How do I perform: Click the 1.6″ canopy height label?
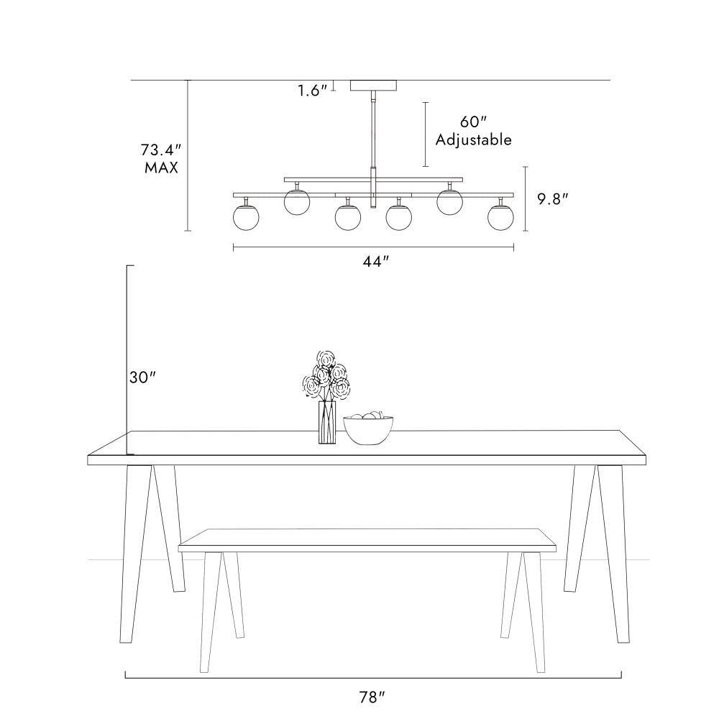click(x=313, y=91)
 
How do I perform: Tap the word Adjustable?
click(x=473, y=139)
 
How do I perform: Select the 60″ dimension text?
click(x=473, y=122)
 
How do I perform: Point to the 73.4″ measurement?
click(x=161, y=150)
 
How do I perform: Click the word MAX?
click(x=161, y=168)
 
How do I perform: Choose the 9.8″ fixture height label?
click(x=553, y=199)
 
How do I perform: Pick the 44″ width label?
click(x=376, y=262)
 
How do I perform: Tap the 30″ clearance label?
click(x=142, y=377)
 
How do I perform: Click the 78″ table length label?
click(x=372, y=697)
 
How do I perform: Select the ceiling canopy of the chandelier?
click(x=373, y=86)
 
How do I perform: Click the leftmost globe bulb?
click(x=246, y=217)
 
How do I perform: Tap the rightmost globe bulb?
click(x=500, y=217)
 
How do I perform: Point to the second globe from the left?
click(x=297, y=202)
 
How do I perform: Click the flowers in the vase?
click(x=326, y=375)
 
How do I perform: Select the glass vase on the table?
click(x=327, y=422)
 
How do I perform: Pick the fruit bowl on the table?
click(x=369, y=429)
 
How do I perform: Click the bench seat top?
click(x=367, y=540)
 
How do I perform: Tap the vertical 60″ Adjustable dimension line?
click(x=426, y=134)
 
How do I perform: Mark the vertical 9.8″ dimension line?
click(x=526, y=198)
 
